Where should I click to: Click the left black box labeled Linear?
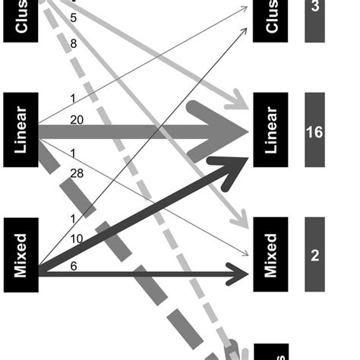pyautogui.click(x=21, y=130)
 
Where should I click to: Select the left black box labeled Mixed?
pyautogui.click(x=21, y=255)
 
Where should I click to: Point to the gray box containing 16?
pyautogui.click(x=314, y=131)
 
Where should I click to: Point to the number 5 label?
pyautogui.click(x=73, y=17)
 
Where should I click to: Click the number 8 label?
pyautogui.click(x=73, y=44)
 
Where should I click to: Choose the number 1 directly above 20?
pyautogui.click(x=72, y=97)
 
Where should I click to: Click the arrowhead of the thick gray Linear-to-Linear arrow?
pyautogui.click(x=228, y=131)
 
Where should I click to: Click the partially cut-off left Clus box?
pyautogui.click(x=21, y=19)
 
